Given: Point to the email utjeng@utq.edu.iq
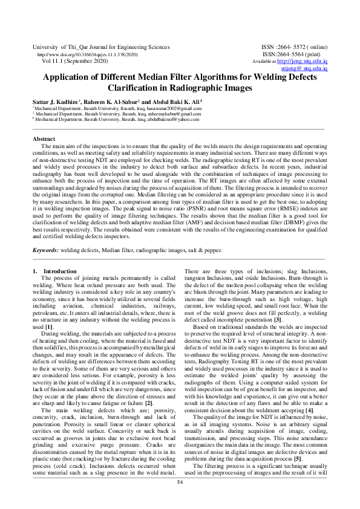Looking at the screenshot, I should pos(305,69).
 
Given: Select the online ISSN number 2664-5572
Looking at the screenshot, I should pos(290,47).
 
